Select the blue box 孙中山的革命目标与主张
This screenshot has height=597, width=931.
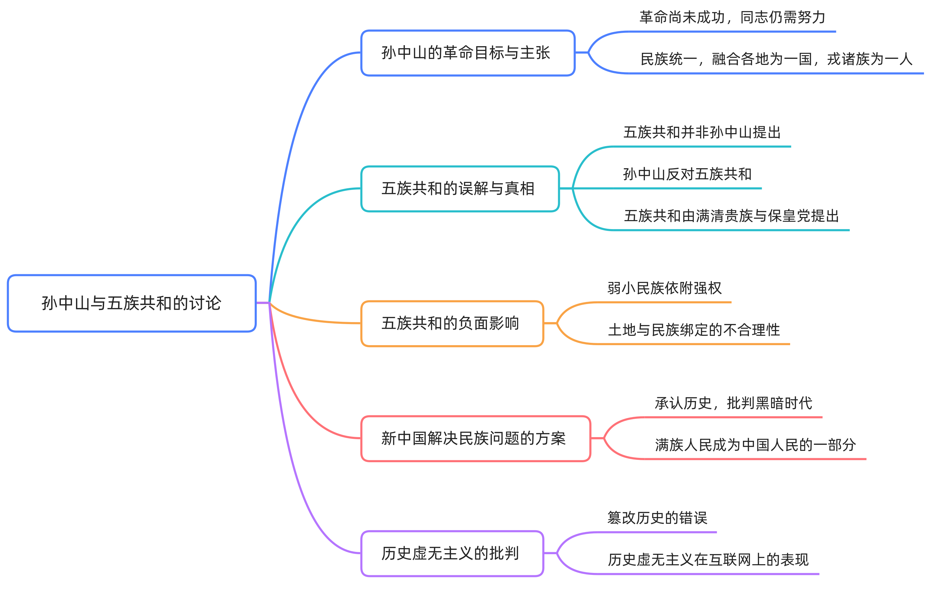point(468,53)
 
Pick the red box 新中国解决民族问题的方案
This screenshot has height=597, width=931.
point(476,439)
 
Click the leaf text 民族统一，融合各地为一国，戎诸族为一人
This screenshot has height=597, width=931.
point(776,59)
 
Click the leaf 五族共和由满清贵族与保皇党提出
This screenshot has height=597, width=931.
point(732,216)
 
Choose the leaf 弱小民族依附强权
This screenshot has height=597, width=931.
point(665,288)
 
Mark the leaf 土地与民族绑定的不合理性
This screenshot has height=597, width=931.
point(694,330)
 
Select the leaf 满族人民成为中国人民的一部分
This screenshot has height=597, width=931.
point(755,445)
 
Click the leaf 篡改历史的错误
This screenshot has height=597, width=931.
point(657,518)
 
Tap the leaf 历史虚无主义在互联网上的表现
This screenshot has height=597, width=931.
point(708,560)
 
